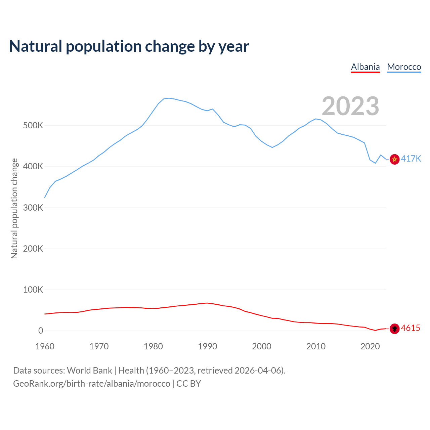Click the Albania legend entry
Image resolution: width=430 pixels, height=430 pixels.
(365, 67)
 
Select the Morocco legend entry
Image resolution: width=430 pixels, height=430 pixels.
(404, 67)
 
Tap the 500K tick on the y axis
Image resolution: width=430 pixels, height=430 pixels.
(33, 126)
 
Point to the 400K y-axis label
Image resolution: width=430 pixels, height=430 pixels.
(33, 167)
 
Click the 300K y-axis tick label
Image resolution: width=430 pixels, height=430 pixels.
(33, 208)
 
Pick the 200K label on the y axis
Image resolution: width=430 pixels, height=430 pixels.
(33, 249)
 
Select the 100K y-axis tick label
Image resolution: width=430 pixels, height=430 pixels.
(33, 290)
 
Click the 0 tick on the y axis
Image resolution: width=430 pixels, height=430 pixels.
(41, 331)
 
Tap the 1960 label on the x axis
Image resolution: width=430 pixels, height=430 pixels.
(45, 346)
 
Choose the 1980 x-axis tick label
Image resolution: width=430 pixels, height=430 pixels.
(153, 346)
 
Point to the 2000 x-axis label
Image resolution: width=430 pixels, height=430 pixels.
(262, 346)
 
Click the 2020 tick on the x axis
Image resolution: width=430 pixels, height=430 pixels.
(370, 346)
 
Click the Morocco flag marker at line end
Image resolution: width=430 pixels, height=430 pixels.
(394, 159)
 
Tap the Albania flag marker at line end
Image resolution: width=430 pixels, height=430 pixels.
(394, 329)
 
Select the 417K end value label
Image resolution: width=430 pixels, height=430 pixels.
(411, 159)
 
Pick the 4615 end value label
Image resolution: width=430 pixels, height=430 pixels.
(411, 328)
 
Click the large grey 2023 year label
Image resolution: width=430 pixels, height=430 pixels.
(350, 106)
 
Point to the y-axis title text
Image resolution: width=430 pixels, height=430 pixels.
(14, 208)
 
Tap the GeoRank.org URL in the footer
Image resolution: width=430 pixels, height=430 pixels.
(92, 384)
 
